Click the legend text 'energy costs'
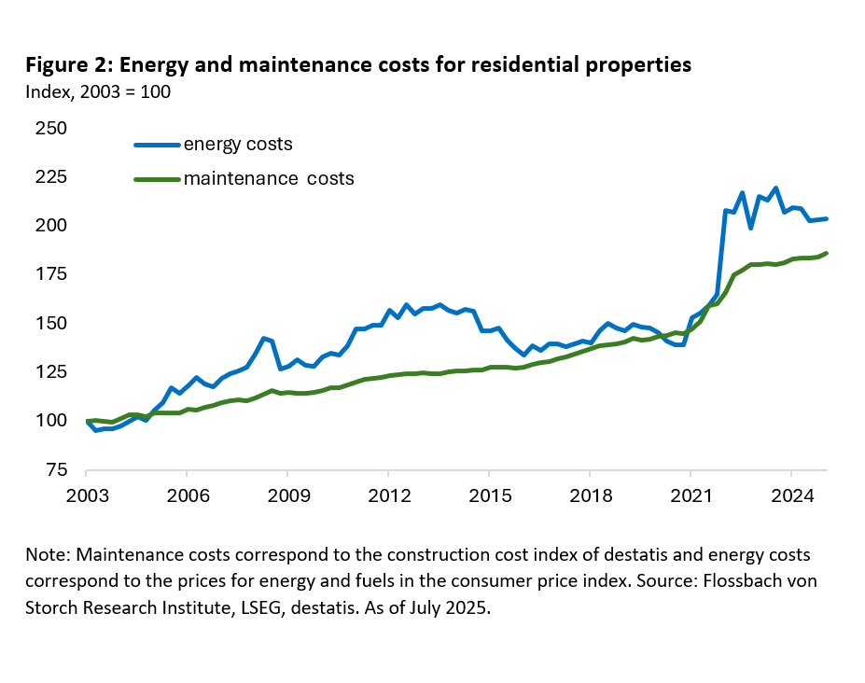click(238, 144)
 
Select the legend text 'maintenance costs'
click(269, 177)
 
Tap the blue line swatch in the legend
click(157, 145)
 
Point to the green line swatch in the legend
click(157, 178)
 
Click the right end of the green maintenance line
click(828, 253)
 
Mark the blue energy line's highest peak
click(776, 188)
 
